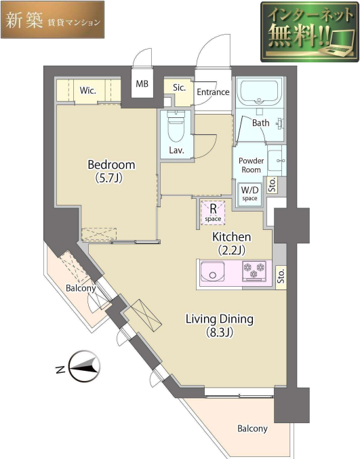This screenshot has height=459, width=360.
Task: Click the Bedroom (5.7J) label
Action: pos(111,172)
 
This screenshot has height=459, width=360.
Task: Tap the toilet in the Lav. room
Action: pos(176,126)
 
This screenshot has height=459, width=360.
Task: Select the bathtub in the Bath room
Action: pos(259,92)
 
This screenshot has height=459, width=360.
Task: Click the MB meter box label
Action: pos(142,83)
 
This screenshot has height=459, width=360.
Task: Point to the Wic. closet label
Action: pos(88,90)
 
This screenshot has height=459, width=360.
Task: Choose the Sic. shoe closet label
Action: pos(179,87)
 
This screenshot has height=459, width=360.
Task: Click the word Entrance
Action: pos(213,92)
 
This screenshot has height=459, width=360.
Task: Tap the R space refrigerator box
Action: pos(213,212)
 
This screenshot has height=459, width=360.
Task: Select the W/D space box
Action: pos(249,193)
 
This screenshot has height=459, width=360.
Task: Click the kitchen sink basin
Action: pos(212,272)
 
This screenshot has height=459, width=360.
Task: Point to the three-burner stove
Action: pos(254,271)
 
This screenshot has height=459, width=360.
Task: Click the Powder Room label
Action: pos(251,165)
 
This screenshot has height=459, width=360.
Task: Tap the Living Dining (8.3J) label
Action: pos(220,325)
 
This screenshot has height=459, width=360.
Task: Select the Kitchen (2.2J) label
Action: pos(231,243)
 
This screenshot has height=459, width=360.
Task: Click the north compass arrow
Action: pos(83,366)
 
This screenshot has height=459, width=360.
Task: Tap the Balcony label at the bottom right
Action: pos(252,429)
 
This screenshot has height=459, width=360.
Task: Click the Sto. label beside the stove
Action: pos(281,277)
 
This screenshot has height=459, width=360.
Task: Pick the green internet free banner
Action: pos(310,32)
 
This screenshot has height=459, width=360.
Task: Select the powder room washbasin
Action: pos(275,160)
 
